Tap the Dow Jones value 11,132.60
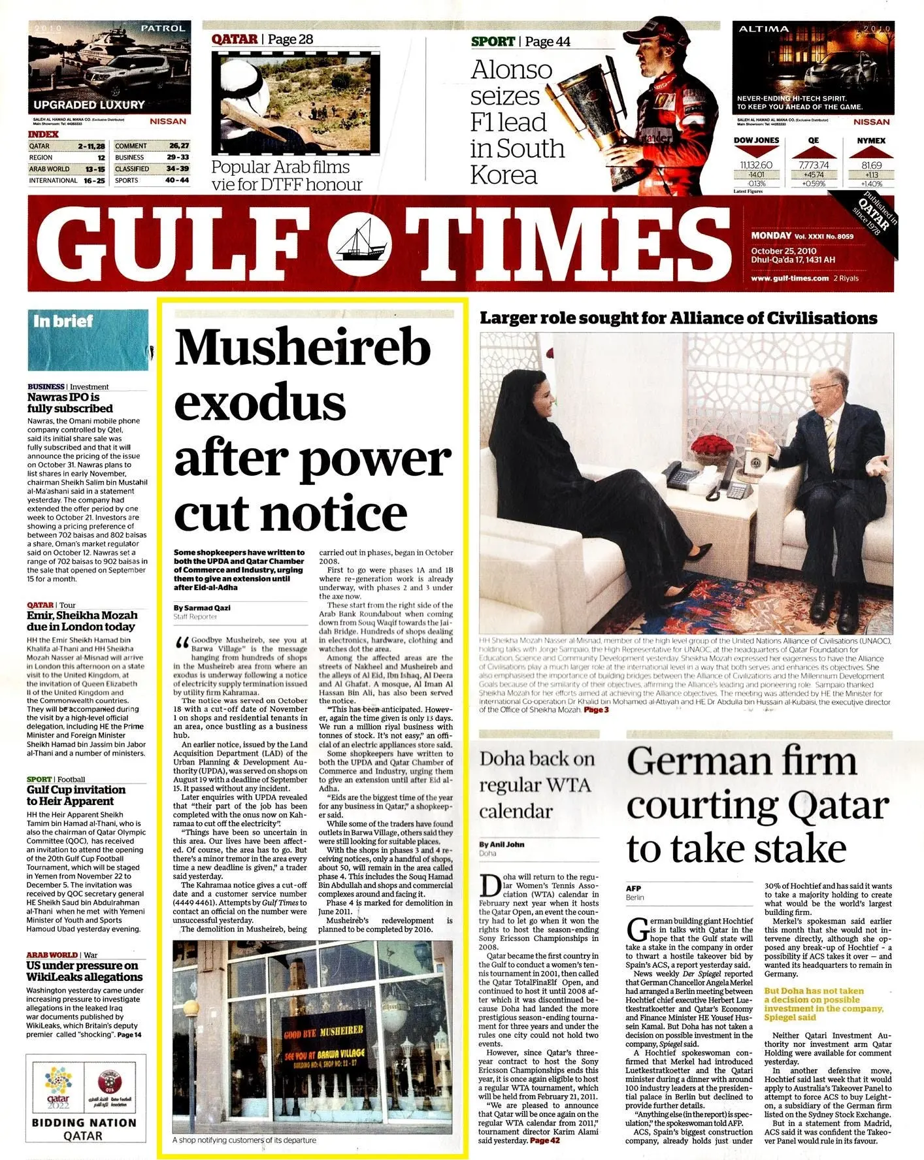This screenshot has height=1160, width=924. [x=756, y=165]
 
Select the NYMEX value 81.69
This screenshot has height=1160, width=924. [x=871, y=165]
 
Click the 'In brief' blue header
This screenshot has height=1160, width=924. [x=64, y=322]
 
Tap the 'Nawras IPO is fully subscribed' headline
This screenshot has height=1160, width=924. [x=69, y=403]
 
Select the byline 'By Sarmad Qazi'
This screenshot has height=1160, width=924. [x=202, y=608]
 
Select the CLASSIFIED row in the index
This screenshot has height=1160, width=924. [x=151, y=169]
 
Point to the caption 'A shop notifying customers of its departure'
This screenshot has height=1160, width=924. [x=244, y=1140]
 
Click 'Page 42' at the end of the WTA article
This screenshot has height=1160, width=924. [x=544, y=1140]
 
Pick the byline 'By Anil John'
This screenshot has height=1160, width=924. [x=501, y=844]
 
